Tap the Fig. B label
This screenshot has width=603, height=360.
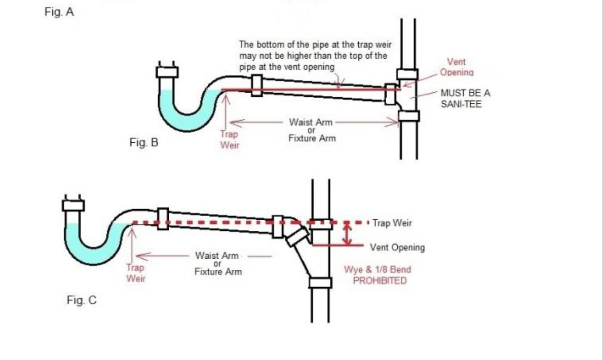click(x=144, y=143)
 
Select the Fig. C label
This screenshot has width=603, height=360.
click(x=81, y=301)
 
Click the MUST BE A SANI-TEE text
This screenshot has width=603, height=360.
click(x=466, y=99)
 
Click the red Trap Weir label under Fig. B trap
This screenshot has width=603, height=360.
click(x=230, y=140)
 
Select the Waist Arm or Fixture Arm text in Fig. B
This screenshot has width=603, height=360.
click(x=312, y=130)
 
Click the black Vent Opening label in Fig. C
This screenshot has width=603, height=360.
click(x=397, y=248)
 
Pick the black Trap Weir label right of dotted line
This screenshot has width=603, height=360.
click(x=392, y=223)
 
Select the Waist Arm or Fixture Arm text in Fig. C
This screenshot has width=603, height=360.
click(x=218, y=263)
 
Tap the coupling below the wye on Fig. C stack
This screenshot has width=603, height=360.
click(x=320, y=283)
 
